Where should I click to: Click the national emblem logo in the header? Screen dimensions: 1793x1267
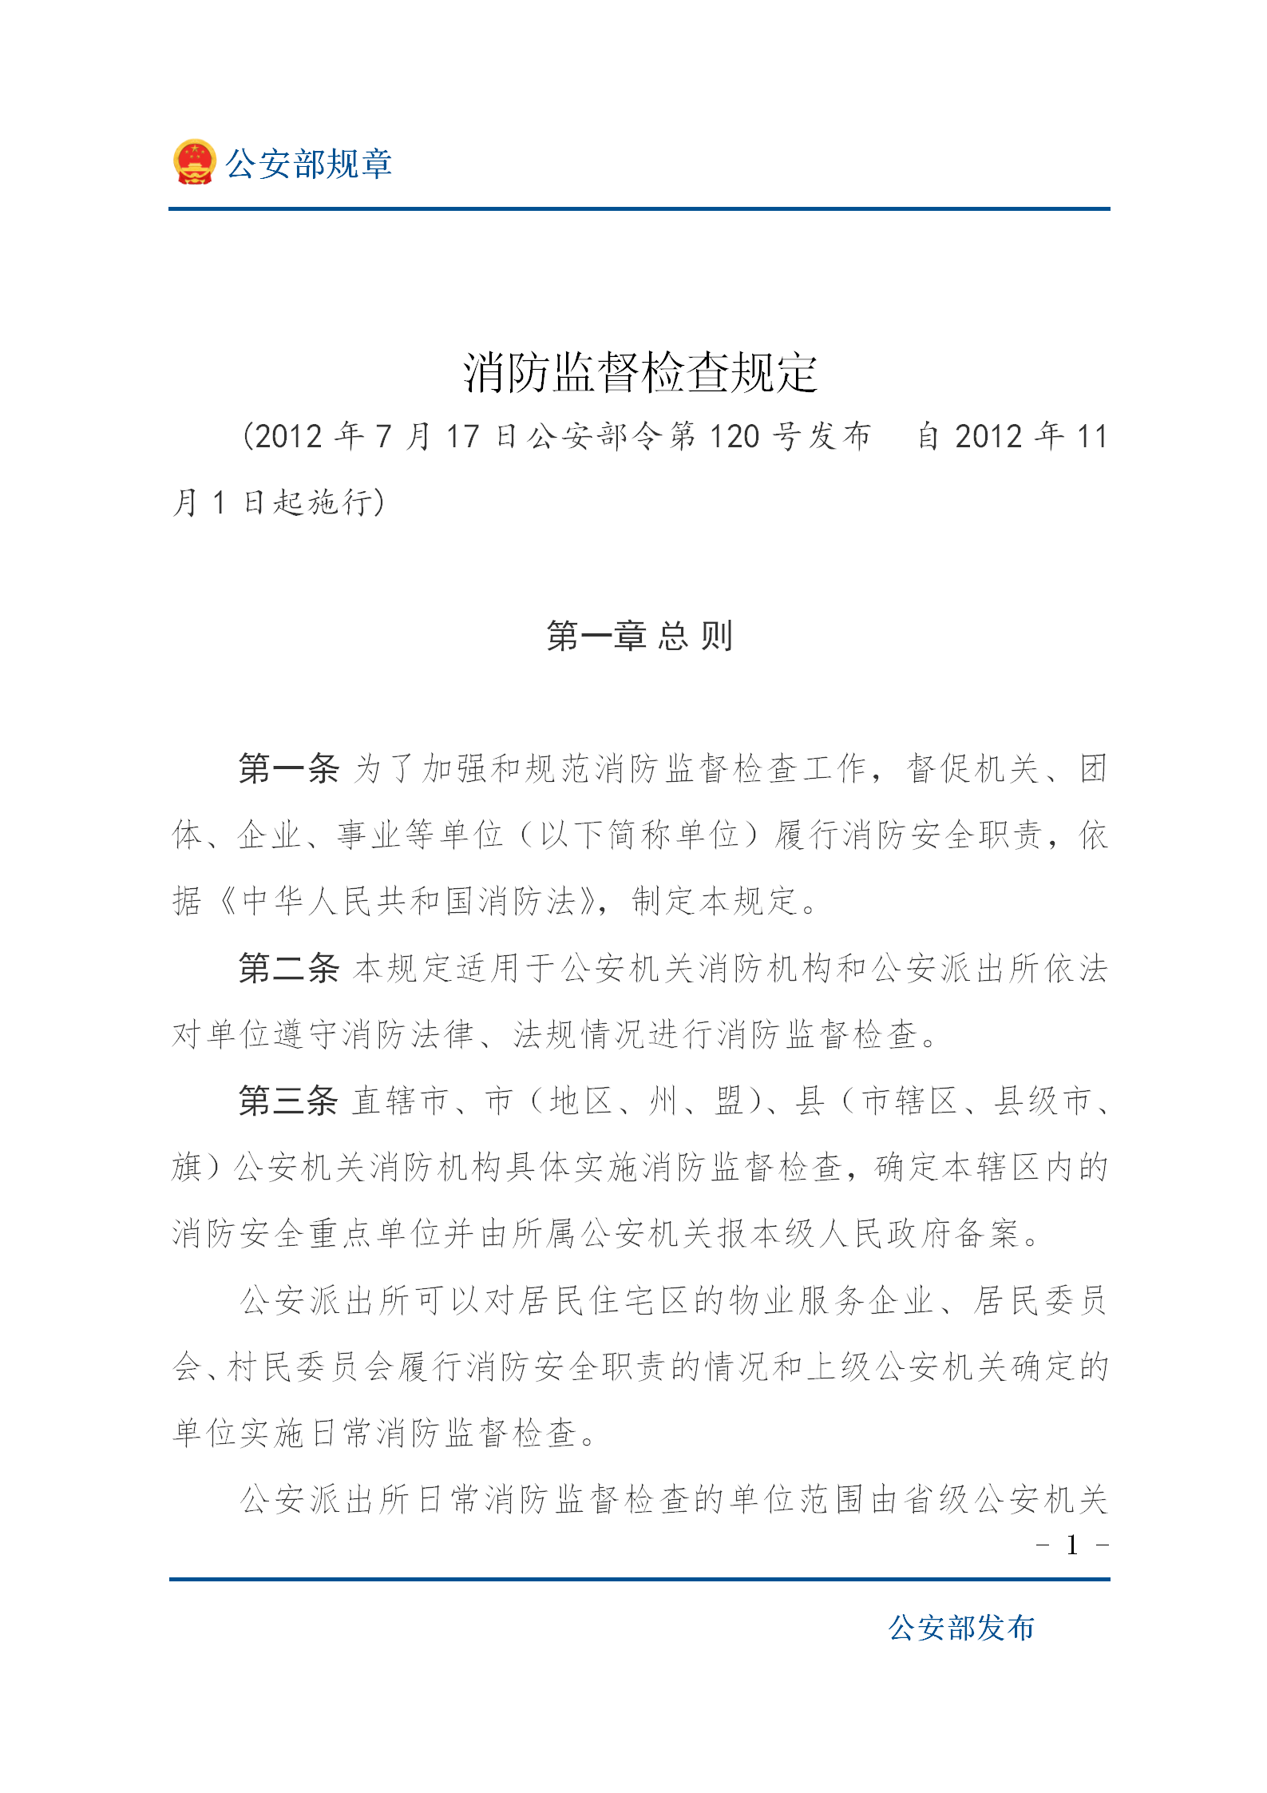[194, 162]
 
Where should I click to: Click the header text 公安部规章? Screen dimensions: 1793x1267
[308, 164]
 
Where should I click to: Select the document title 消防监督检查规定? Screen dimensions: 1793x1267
[640, 372]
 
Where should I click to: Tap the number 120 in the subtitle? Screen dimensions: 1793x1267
[734, 437]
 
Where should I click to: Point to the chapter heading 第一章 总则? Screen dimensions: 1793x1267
[639, 637]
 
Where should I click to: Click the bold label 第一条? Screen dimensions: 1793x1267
[289, 768]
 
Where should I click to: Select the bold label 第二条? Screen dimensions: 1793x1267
[289, 968]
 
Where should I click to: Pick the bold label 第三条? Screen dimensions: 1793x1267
[289, 1101]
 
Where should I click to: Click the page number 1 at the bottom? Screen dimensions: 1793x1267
[1072, 1546]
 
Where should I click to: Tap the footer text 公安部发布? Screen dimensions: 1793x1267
[961, 1628]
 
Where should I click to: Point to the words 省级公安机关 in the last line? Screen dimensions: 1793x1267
[1006, 1499]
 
